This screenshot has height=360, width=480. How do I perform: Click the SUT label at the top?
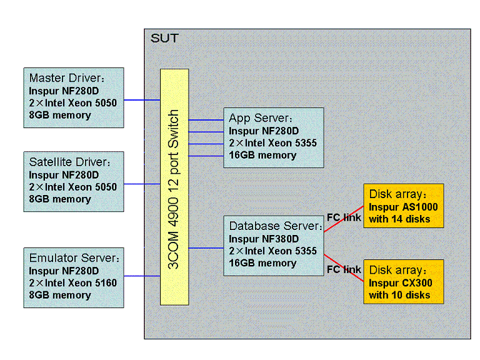pos(164,39)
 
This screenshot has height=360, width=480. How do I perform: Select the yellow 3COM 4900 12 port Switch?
pos(174,187)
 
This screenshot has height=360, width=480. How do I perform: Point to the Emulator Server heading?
pos(73,257)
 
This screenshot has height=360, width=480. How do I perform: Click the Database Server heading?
pos(275,226)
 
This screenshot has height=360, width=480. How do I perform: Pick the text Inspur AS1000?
pos(403,206)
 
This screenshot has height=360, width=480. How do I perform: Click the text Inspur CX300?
pos(401,282)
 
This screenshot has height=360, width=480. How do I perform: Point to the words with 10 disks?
pos(399,294)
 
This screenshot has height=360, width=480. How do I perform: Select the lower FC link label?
pos(344,269)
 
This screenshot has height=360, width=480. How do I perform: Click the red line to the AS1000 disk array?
pos(344,219)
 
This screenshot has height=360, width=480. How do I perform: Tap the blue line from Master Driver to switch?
pos(142,99)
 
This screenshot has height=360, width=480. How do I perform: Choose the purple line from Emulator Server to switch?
pos(142,276)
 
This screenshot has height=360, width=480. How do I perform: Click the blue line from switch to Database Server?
pos(206,248)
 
